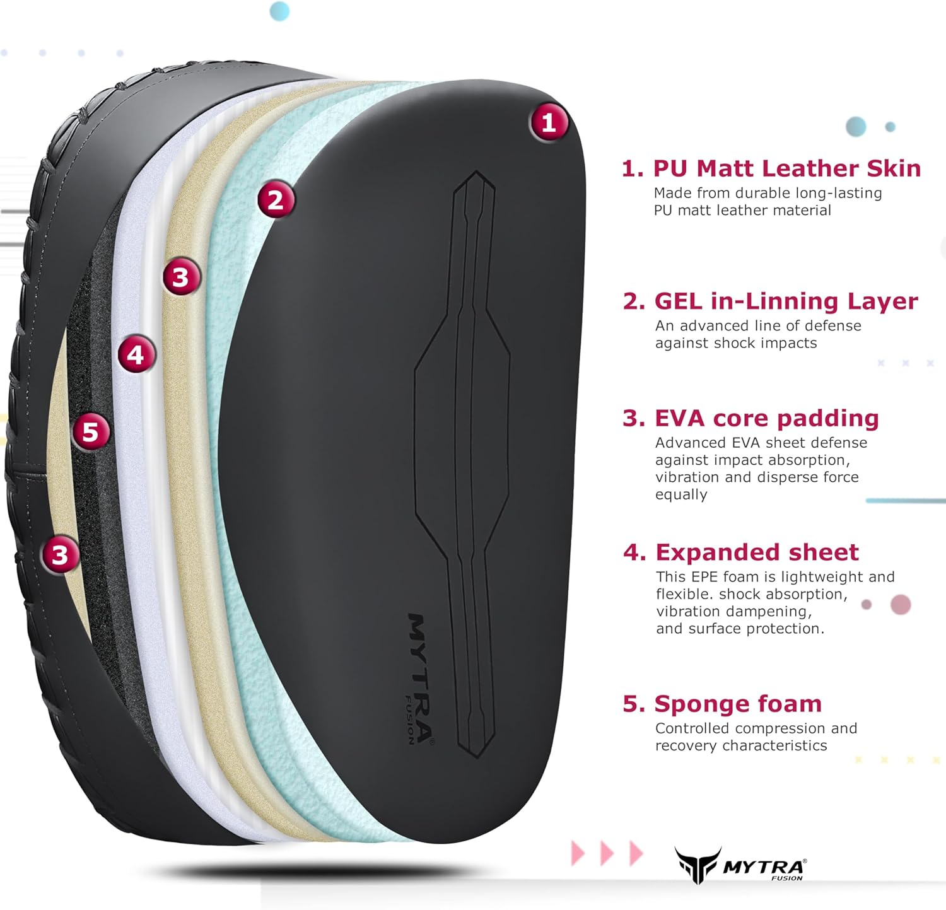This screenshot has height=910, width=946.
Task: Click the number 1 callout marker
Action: [x=549, y=122]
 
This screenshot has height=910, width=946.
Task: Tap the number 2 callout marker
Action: [x=276, y=201]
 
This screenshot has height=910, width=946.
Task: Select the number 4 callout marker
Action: [x=136, y=355]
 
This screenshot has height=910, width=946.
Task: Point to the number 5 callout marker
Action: [x=91, y=432]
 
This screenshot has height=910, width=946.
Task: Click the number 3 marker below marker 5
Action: [x=60, y=555]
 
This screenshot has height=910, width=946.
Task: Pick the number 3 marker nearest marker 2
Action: [x=181, y=277]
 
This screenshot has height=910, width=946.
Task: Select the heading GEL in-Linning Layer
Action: [x=786, y=301]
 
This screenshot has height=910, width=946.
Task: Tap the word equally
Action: [x=681, y=495]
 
